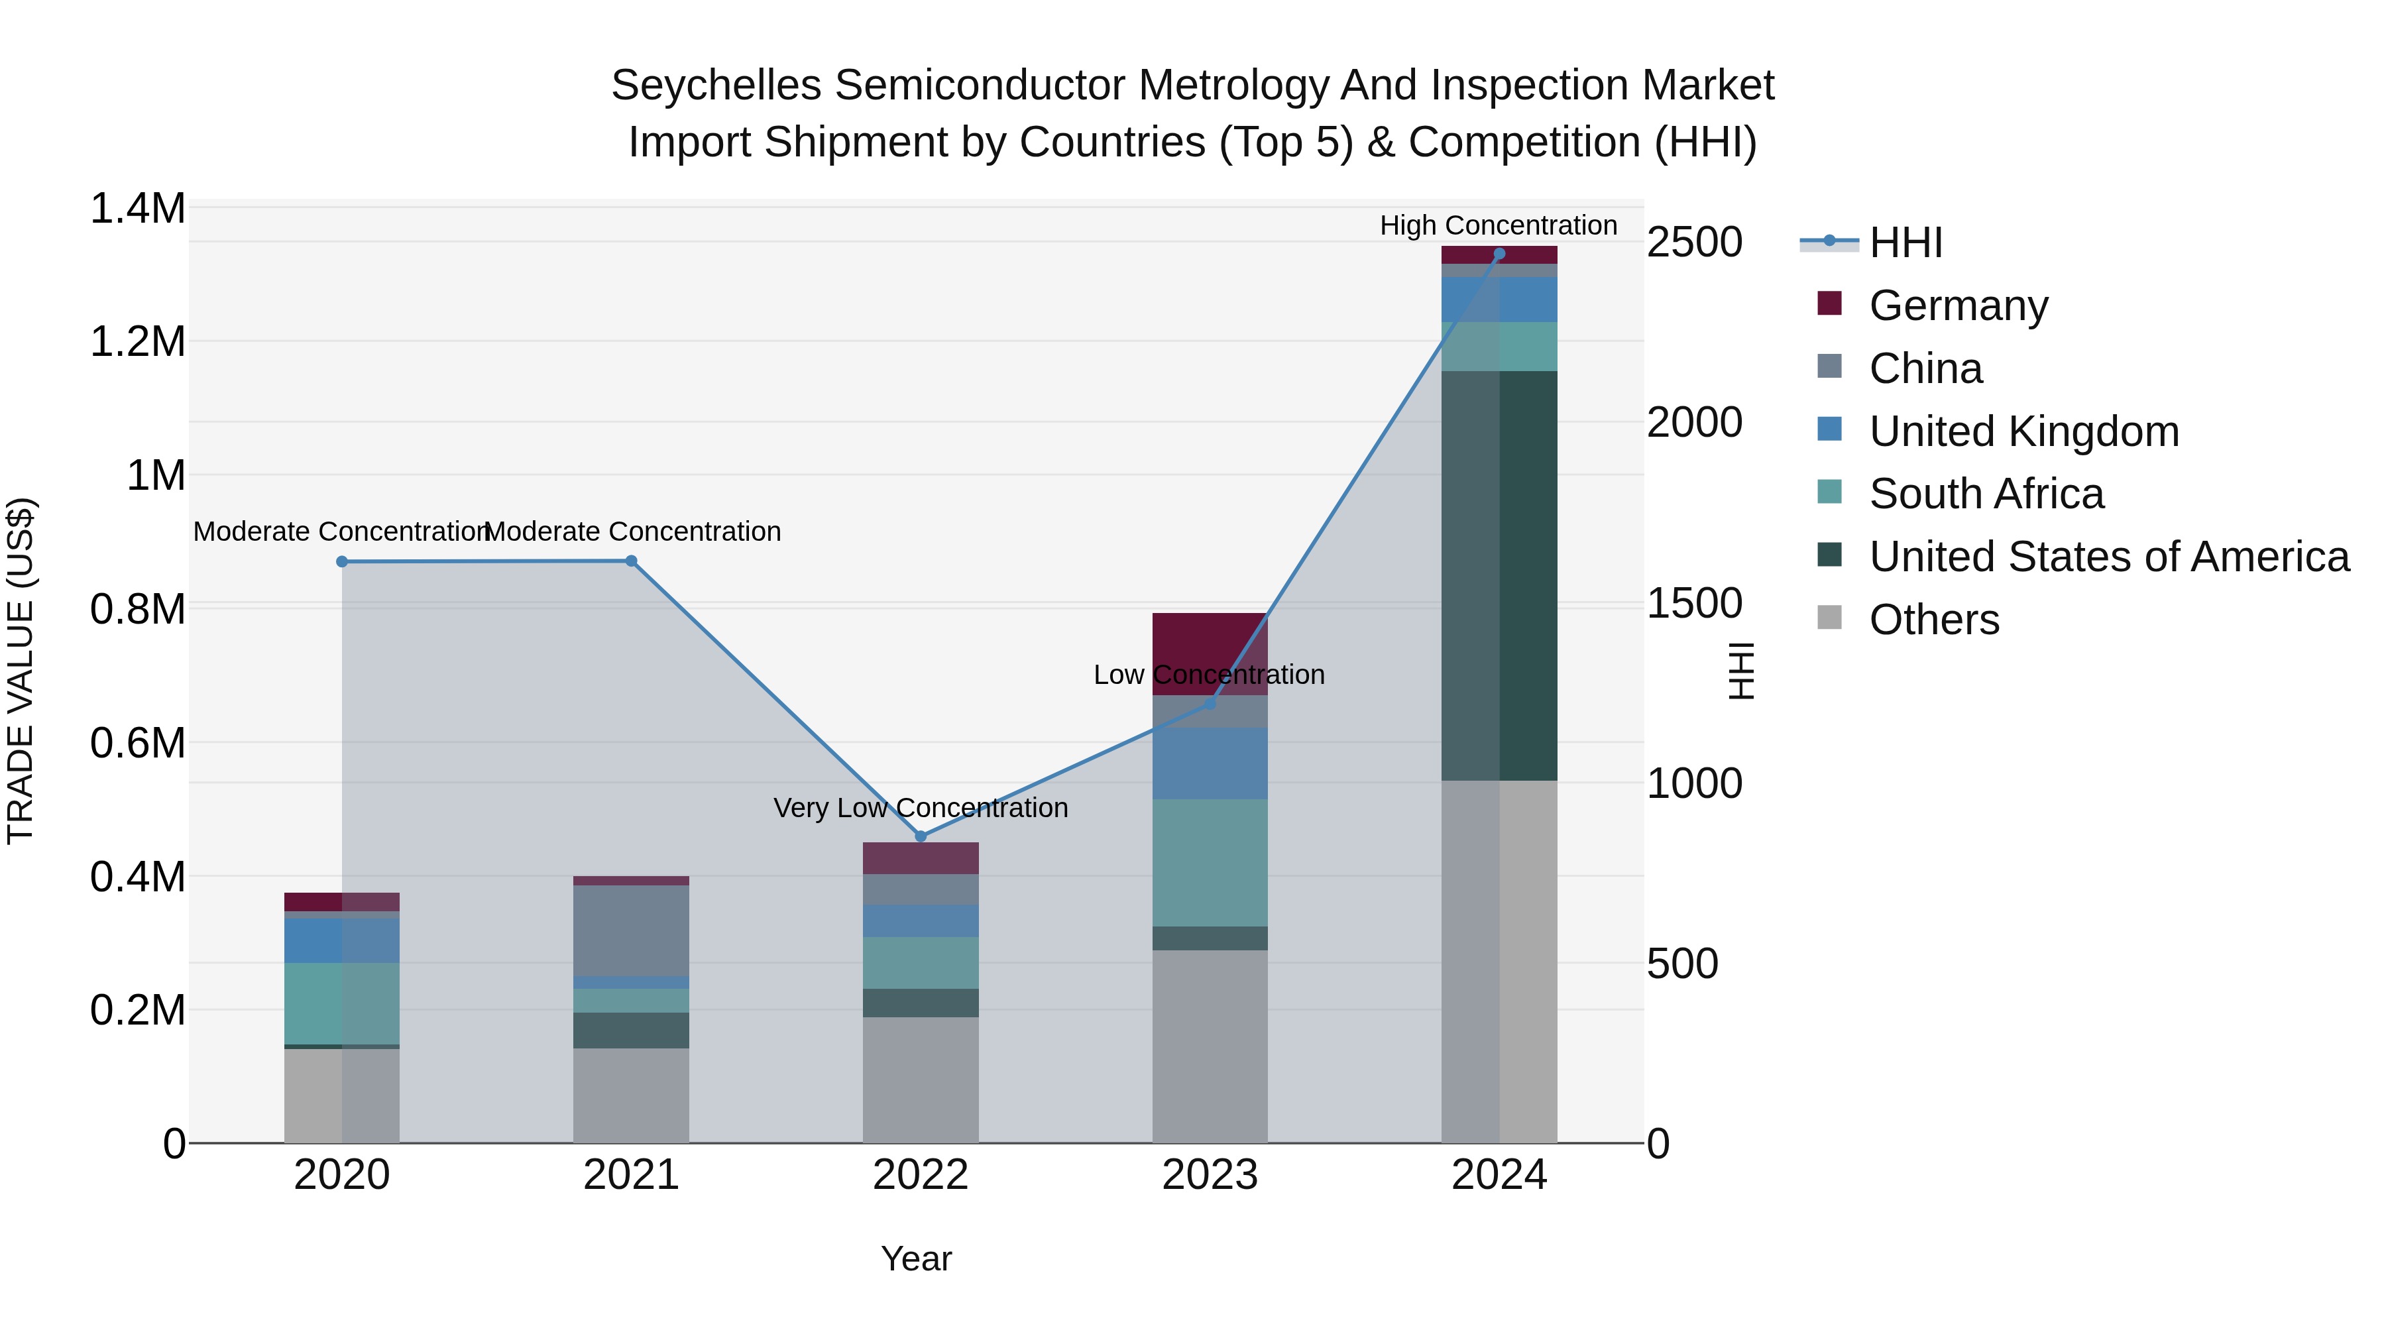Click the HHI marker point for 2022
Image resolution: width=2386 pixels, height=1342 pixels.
tap(921, 836)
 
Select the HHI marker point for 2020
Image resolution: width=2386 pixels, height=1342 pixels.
tap(342, 561)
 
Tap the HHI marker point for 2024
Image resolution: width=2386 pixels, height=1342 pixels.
tap(1500, 254)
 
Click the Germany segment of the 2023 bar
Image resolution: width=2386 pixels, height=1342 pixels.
tap(1210, 653)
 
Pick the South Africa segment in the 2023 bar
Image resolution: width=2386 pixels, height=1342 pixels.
tap(1210, 862)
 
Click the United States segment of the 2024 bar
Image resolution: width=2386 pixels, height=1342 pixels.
tap(1500, 575)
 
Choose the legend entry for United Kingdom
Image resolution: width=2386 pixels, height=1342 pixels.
tap(2024, 431)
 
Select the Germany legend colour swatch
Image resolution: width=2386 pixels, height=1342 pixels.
tap(1829, 303)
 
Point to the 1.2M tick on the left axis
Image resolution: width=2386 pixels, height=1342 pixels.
tap(138, 342)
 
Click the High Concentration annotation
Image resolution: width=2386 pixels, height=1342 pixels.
tap(1498, 225)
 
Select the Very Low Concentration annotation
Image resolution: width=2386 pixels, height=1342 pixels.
tap(921, 808)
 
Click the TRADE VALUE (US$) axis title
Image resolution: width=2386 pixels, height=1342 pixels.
tap(21, 671)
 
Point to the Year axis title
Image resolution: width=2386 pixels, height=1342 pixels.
tap(916, 1258)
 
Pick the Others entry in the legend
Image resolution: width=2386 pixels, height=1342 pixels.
tap(1934, 620)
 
